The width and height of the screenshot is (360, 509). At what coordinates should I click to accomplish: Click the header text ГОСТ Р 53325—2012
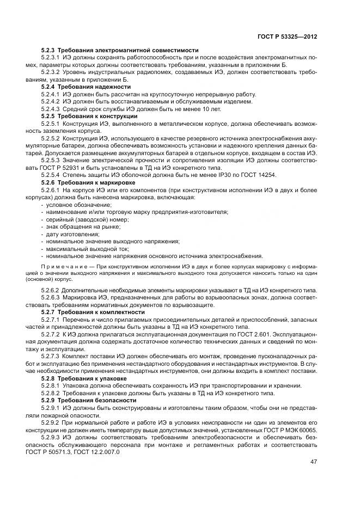click(288, 36)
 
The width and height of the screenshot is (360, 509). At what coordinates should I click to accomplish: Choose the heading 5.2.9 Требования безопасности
click(86, 400)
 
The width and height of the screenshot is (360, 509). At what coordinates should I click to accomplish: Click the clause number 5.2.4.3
click(51, 108)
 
